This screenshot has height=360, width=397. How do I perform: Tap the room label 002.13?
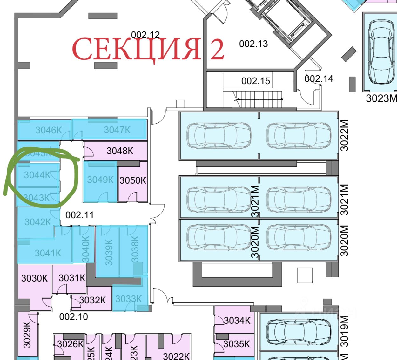pos(253,44)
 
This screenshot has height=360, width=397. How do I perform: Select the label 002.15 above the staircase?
pos(255,81)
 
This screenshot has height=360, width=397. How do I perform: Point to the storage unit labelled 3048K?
pos(119,151)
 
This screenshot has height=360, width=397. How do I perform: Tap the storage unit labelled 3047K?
pos(117,130)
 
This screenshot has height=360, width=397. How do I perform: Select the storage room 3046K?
pos(48,130)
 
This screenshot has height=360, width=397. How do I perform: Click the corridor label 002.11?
pos(79,215)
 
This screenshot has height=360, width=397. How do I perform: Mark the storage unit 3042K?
pos(37,222)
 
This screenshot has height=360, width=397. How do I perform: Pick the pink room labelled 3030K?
pos(34,278)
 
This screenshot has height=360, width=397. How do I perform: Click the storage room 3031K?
pos(72,278)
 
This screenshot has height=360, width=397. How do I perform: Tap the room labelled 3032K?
pos(92,300)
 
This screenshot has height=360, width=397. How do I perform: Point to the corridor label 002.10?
pos(73,316)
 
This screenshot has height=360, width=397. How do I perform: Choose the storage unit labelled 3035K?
pos(236,344)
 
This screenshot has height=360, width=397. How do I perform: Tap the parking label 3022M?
pos(344,135)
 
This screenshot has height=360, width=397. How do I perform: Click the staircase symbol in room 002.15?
pos(259,99)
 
